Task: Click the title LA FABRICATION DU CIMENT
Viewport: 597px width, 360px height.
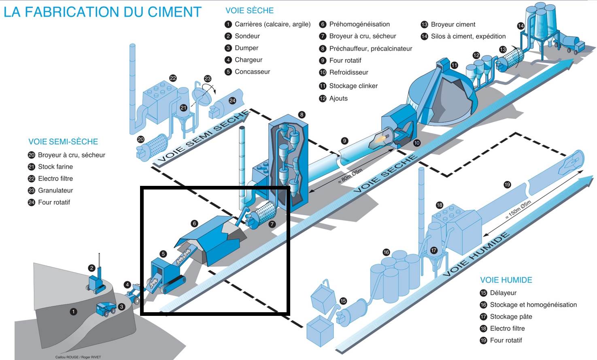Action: [102, 12]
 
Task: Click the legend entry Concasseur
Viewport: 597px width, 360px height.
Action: [252, 72]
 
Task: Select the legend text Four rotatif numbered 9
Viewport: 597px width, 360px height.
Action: [345, 60]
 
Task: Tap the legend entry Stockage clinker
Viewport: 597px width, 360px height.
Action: [353, 86]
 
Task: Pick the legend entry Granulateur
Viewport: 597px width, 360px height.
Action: [55, 190]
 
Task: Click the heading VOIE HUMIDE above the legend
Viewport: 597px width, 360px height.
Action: [506, 280]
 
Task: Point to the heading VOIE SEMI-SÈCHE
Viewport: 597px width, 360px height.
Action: [63, 142]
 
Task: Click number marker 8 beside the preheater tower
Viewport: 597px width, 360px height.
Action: [302, 115]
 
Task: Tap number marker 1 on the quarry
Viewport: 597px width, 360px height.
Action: [73, 311]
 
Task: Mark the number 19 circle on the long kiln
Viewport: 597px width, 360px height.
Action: [507, 185]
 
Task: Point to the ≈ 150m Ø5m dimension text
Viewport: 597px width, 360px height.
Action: [518, 210]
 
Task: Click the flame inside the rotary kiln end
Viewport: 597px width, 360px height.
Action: [382, 138]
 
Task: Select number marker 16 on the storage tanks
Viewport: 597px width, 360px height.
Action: [386, 252]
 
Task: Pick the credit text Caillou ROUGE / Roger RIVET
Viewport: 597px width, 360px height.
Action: [78, 357]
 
